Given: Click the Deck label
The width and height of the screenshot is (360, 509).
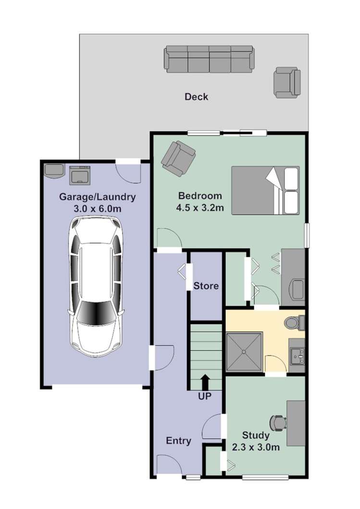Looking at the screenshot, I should click(197, 97).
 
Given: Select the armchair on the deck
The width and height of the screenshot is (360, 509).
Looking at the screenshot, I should click(287, 83).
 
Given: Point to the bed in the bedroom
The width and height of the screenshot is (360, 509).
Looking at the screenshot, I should click(265, 190).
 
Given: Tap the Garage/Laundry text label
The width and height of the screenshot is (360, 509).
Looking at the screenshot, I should click(97, 197).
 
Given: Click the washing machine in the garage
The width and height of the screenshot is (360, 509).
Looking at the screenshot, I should click(80, 174).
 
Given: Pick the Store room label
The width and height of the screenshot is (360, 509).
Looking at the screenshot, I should click(206, 286).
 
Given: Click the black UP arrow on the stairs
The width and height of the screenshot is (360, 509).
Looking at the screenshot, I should click(205, 382).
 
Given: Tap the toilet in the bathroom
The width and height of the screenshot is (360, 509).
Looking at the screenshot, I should click(294, 323).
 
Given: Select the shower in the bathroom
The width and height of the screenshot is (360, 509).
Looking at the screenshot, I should click(245, 352).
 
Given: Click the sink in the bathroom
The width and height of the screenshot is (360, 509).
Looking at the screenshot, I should click(297, 355).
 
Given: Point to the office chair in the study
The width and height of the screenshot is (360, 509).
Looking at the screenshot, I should click(278, 423).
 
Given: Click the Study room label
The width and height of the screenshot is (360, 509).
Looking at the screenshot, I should click(255, 436).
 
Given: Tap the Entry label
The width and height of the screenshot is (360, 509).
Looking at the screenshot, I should click(178, 441).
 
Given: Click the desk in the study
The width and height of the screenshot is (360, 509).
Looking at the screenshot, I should click(296, 423).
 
